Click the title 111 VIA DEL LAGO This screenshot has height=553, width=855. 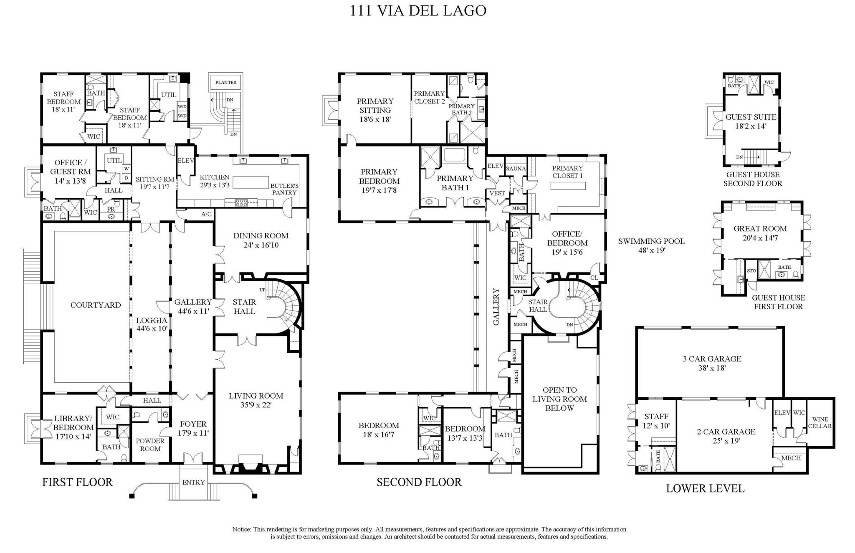click(418, 10)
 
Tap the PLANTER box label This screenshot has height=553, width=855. click(226, 83)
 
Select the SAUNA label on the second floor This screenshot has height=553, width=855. click(516, 169)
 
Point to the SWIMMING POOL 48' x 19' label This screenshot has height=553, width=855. click(651, 245)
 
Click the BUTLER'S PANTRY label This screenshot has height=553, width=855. click(284, 189)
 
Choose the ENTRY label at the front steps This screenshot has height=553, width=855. click(193, 482)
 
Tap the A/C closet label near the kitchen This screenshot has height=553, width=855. click(206, 214)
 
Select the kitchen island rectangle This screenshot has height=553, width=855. click(250, 182)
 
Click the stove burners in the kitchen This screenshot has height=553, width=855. click(242, 203)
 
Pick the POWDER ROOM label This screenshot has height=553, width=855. click(150, 444)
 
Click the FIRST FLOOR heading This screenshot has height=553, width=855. click(77, 482)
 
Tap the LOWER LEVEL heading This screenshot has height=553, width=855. click(705, 488)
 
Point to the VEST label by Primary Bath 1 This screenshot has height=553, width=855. click(497, 193)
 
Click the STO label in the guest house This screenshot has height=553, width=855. click(751, 271)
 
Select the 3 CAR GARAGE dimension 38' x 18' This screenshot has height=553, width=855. click(712, 368)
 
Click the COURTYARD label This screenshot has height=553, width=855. click(96, 305)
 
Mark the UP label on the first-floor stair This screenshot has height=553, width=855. click(262, 290)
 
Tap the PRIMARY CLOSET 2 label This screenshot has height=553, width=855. click(429, 97)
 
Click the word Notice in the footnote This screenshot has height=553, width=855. click(242, 529)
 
